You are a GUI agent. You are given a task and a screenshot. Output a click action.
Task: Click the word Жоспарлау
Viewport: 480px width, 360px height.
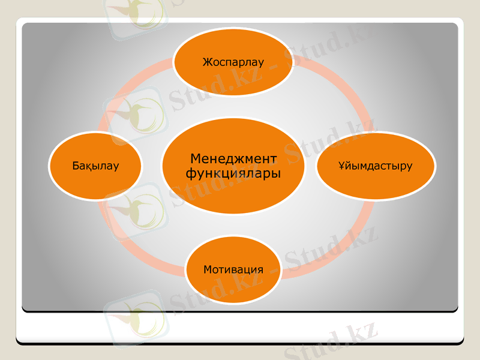pos(233,62)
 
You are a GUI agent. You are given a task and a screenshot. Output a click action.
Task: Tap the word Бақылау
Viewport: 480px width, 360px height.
pos(95,165)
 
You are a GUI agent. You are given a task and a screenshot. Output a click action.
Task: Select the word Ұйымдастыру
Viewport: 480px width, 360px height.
pos(375,166)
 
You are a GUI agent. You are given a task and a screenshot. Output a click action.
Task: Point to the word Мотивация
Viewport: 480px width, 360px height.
pos(233,269)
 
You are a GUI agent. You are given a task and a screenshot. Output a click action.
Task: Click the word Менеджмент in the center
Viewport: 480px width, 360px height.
pos(233,158)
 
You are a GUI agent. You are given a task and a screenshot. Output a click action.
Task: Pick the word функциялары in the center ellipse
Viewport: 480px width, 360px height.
pos(233,173)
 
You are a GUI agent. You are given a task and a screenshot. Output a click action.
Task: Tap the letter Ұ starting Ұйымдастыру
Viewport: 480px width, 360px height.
pos(340,166)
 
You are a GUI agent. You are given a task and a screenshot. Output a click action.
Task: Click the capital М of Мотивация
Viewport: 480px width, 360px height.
pos(207,269)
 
